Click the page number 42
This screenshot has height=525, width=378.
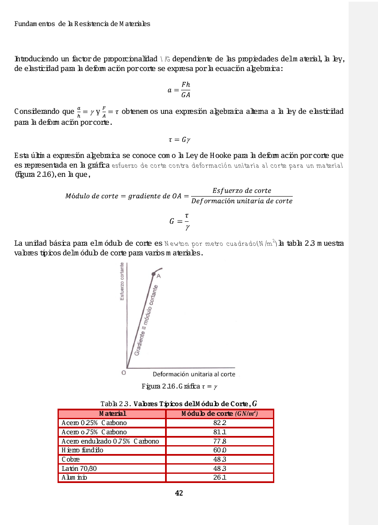tap(179, 493)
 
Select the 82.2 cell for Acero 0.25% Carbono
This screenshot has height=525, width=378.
tap(220, 423)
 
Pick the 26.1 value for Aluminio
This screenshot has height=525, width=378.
tap(220, 478)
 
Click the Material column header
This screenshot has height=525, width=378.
tap(112, 414)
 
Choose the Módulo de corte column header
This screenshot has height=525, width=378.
tap(220, 414)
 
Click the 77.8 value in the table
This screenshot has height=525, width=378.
tap(220, 441)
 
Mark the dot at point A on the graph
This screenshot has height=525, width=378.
tap(153, 273)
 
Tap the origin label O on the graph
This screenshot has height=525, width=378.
tap(123, 373)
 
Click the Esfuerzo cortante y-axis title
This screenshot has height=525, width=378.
tap(122, 281)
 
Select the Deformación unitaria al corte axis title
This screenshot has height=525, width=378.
tap(194, 374)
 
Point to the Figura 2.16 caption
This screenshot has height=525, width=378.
tap(179, 386)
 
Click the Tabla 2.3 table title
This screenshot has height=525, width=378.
tap(179, 404)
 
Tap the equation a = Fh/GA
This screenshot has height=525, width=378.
tap(179, 90)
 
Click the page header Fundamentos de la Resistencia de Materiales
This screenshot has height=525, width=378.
tap(82, 24)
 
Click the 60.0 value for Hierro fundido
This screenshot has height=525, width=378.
tap(220, 450)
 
